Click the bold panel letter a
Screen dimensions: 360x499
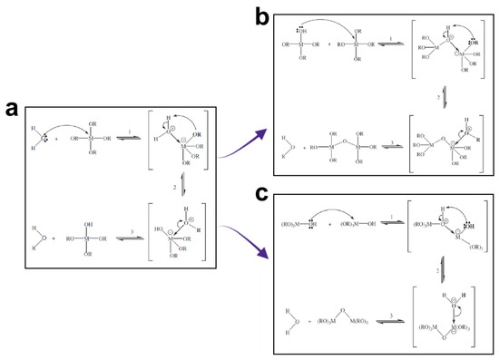click(12, 108)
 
